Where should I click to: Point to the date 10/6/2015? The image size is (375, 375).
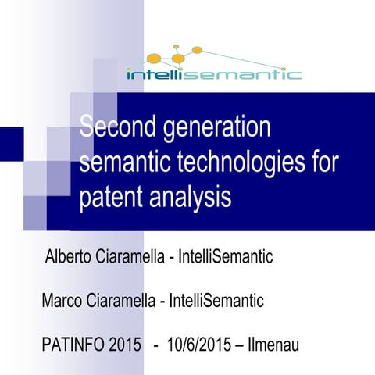point(198,345)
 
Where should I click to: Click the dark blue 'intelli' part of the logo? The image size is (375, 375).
point(152,74)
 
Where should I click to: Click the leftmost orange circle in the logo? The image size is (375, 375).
point(155,59)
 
